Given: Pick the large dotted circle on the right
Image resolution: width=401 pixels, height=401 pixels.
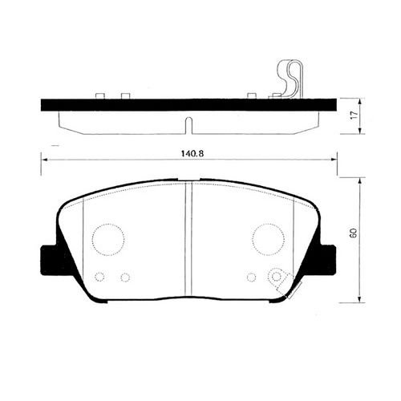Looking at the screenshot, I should coord(268,237).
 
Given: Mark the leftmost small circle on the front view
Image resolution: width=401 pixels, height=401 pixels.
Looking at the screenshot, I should coord(99,277).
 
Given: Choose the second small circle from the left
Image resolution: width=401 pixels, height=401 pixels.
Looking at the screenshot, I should coord(124,277).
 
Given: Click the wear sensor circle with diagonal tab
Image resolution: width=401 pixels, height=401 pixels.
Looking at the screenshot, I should coord(277,277).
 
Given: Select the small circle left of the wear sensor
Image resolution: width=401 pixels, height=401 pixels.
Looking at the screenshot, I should coord(252,277).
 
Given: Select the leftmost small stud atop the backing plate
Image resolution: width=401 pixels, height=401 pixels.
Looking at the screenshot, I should coord(100,96).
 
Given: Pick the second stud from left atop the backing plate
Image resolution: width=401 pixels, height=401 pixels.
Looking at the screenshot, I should coord(124,96).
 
